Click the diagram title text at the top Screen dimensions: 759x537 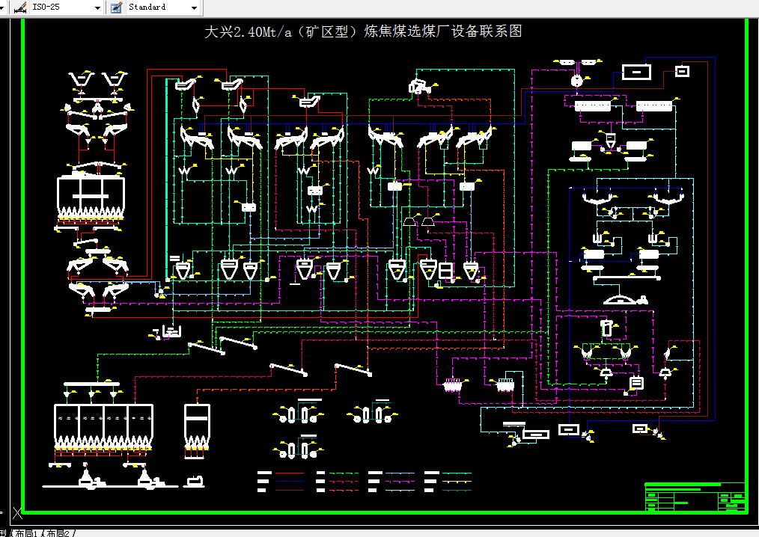coord(363,32)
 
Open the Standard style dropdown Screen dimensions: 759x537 coord(195,7)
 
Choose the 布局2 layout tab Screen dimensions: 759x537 coord(60,533)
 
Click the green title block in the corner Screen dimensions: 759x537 coord(695,497)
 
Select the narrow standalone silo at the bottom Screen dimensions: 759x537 coord(195,426)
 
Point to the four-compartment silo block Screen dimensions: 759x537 coord(103,426)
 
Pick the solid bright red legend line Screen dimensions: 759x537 coord(290,473)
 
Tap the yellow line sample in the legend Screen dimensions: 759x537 coord(457,482)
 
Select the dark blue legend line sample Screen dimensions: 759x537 coord(400,473)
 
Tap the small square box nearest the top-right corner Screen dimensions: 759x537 coord(681,71)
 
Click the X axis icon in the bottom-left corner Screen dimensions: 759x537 coord(17,513)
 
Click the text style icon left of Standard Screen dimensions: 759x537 coord(115,7)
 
